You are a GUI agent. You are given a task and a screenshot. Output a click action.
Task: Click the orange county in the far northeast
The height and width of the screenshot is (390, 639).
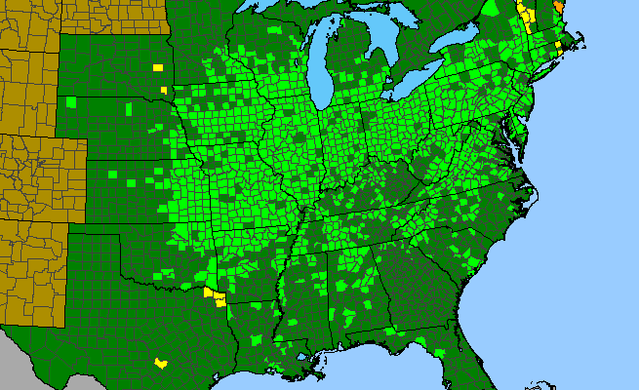[558, 6]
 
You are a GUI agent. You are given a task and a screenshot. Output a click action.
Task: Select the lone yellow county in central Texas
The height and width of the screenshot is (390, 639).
[160, 362]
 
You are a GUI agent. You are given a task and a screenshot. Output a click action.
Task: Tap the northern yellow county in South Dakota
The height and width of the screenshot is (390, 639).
[158, 67]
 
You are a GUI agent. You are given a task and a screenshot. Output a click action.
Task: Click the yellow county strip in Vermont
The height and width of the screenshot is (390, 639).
[527, 17]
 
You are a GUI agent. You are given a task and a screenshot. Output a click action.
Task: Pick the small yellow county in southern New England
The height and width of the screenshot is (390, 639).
[558, 45]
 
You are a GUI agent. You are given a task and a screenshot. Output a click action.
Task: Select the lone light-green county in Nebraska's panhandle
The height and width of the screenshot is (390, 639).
[70, 101]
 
